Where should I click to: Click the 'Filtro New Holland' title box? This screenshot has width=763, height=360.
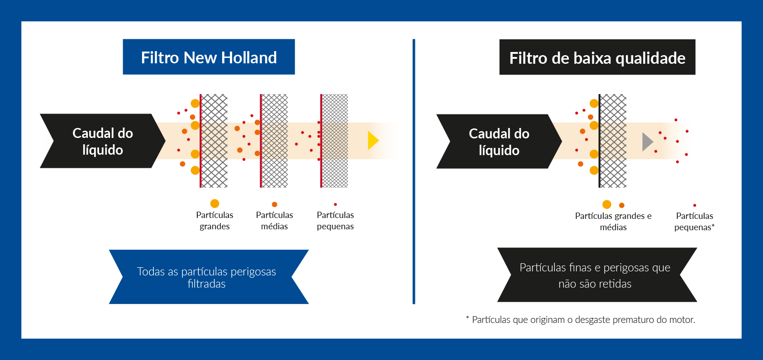[209, 57]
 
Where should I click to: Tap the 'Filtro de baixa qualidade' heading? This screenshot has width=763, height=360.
[597, 57]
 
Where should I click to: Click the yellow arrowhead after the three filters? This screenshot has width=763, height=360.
[373, 141]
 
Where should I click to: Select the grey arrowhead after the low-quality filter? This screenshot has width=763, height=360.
[648, 142]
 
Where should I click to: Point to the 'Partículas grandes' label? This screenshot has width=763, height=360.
[215, 221]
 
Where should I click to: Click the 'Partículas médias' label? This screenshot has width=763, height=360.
[274, 221]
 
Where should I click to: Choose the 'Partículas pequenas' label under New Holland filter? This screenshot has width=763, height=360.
[335, 221]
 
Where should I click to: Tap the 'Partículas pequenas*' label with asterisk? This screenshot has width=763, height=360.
[695, 222]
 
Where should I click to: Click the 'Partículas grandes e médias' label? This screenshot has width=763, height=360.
[613, 222]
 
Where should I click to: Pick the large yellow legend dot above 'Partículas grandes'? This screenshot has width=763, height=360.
[215, 204]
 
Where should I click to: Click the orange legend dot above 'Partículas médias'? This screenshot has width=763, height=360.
[275, 204]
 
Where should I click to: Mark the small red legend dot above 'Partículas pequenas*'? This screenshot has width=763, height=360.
[695, 205]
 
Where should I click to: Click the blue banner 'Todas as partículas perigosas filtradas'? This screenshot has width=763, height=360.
[209, 277]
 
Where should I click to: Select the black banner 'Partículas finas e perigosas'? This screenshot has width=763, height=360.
[597, 275]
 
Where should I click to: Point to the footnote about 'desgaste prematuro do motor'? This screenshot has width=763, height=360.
[581, 319]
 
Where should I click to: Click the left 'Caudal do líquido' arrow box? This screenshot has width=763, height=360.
[103, 141]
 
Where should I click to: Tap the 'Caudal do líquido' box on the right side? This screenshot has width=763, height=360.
[499, 142]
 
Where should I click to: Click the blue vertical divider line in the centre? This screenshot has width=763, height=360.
[414, 171]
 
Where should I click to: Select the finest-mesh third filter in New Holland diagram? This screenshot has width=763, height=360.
[334, 141]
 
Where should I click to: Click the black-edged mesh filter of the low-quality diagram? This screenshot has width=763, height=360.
[612, 141]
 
